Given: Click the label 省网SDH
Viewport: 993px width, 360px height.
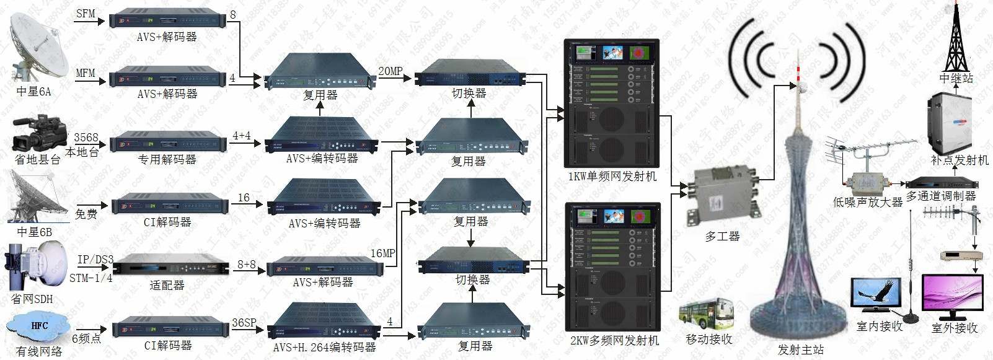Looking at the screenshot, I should click(32, 299).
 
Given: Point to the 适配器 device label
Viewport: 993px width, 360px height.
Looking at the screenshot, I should click(167, 286).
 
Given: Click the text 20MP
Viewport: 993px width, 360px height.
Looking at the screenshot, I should click(391, 71).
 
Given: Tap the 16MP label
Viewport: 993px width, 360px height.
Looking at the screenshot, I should click(382, 253).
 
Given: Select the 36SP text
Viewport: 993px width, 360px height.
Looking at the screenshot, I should click(244, 323).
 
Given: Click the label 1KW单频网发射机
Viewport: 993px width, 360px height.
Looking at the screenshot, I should click(612, 177).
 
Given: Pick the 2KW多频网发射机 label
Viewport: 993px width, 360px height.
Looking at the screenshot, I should click(614, 340).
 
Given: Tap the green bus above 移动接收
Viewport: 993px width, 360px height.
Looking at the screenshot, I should click(707, 315).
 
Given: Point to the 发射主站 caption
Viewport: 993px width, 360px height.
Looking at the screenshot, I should click(801, 350).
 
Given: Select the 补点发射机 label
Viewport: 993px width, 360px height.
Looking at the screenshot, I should click(960, 160).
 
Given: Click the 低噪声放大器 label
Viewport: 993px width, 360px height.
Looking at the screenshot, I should click(867, 202).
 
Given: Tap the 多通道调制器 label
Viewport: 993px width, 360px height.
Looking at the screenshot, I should click(941, 196).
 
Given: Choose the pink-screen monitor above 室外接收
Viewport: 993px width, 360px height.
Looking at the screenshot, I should click(952, 296).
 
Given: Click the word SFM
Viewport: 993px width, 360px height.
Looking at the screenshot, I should click(86, 14).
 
